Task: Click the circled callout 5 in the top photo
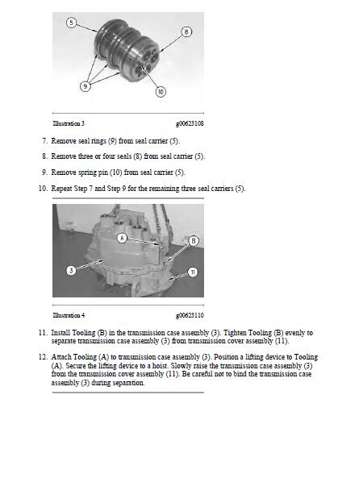click(71, 23)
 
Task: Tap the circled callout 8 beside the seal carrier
click(186, 32)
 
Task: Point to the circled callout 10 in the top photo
click(160, 92)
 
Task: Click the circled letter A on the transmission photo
click(121, 238)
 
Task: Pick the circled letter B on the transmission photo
click(193, 241)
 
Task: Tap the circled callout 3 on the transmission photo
click(71, 270)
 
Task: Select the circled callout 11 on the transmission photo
click(193, 272)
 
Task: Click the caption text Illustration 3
click(68, 124)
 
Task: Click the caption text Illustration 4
click(68, 315)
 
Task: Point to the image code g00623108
click(189, 124)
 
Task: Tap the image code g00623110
click(189, 315)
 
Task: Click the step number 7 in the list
click(44, 140)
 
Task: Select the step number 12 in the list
click(42, 356)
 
